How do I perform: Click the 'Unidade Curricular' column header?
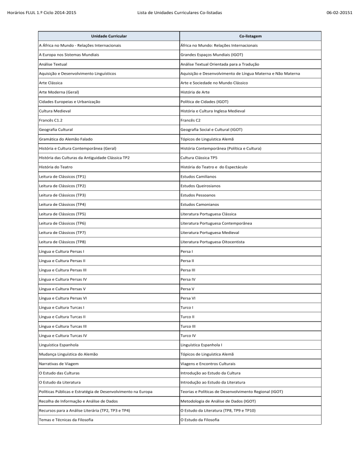coord(108,36)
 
